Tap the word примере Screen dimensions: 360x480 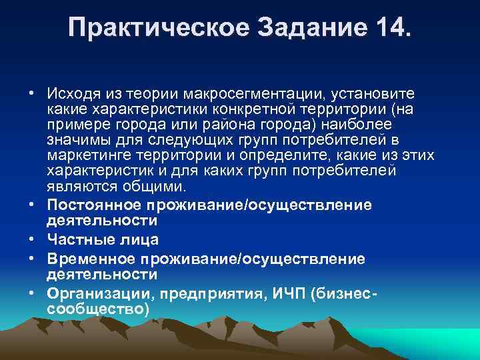[76, 123]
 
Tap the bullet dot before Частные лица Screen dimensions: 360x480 [33, 238]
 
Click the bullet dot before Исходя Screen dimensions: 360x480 [33, 91]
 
